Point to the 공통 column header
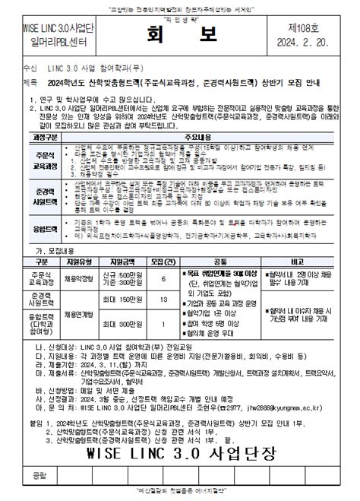[221, 261]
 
